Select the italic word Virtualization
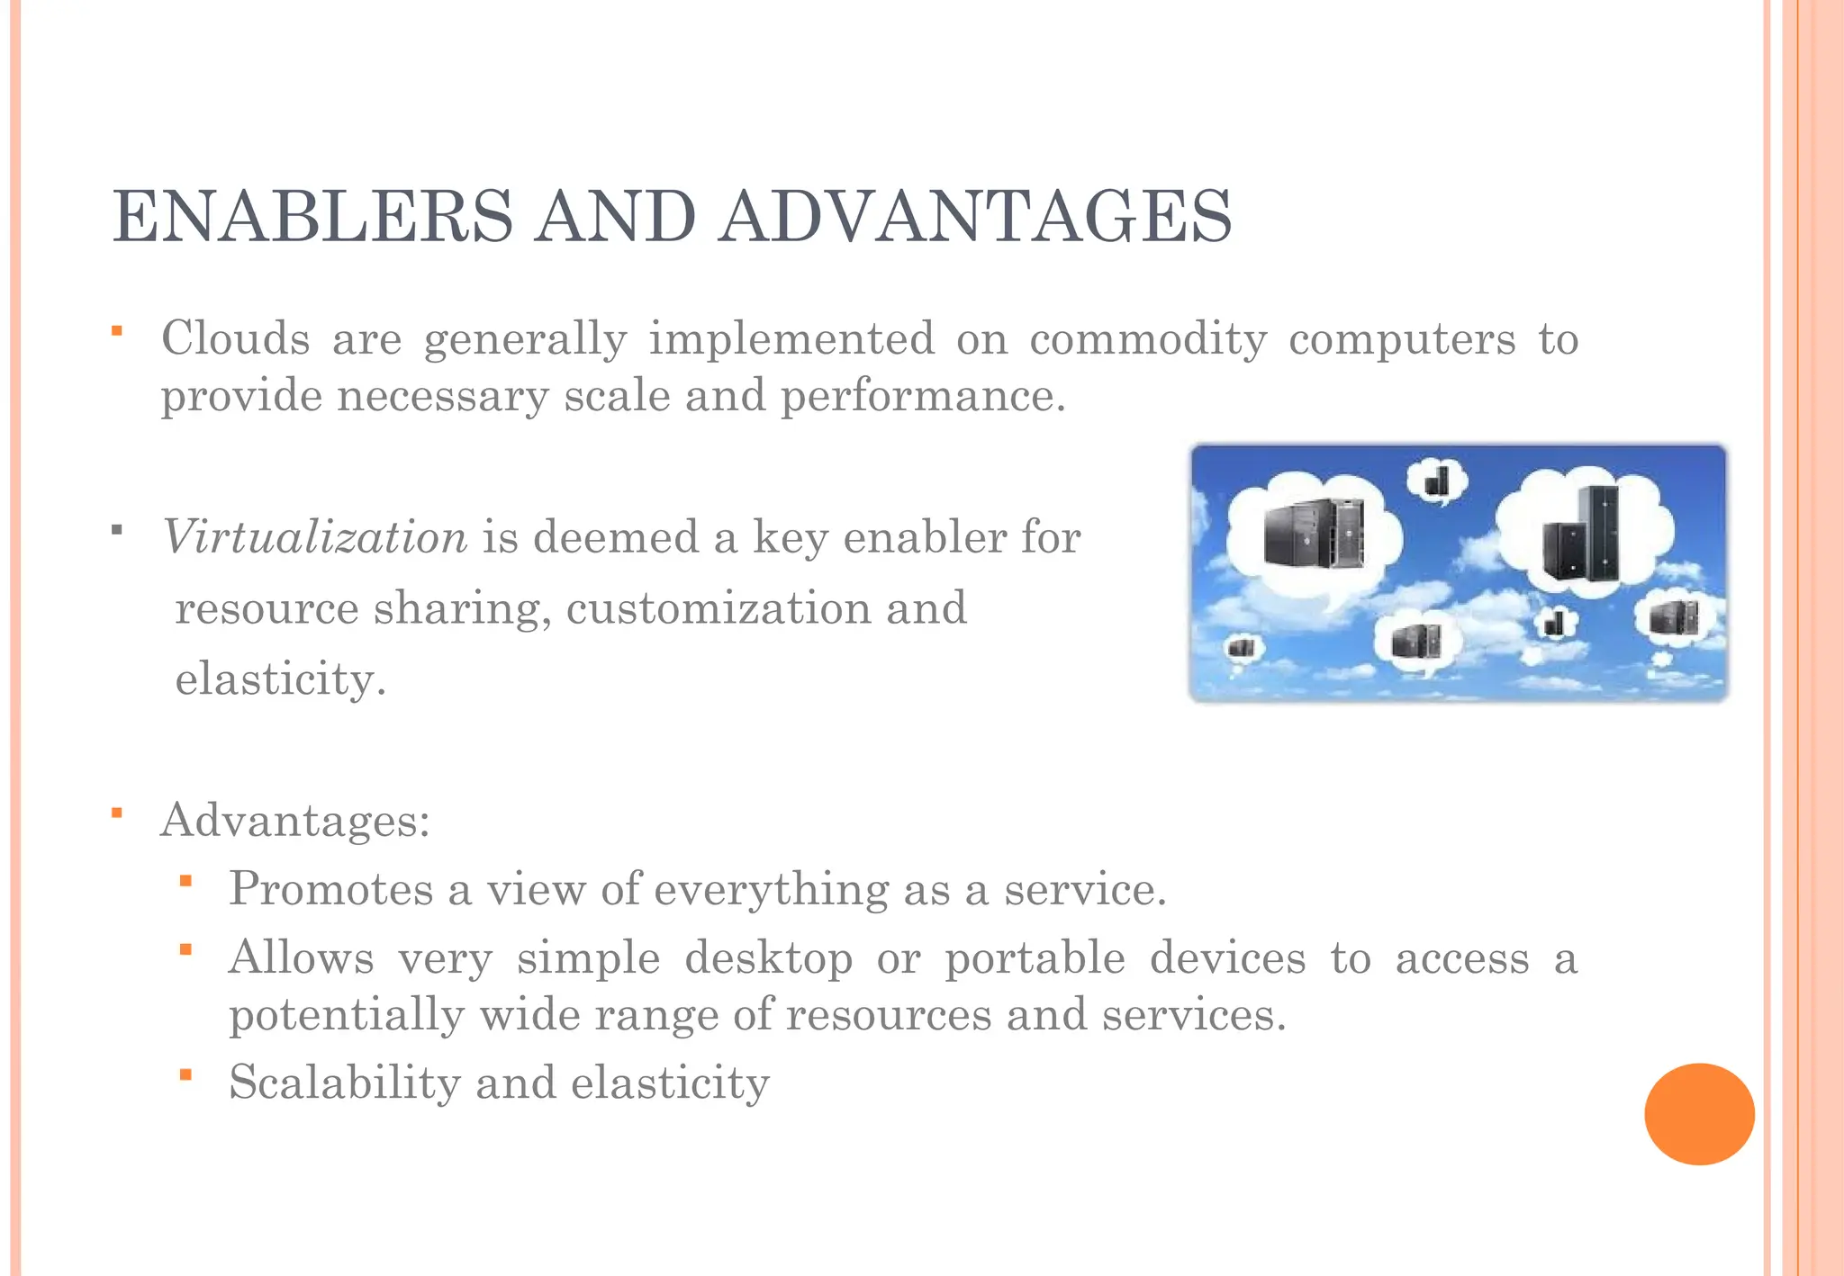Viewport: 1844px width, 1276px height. point(315,537)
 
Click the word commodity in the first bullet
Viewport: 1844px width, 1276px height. point(1148,339)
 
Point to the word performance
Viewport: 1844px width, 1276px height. point(923,396)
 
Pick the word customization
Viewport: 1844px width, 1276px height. point(719,608)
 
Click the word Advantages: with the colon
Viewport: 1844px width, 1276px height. point(295,820)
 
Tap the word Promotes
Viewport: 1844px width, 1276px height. point(331,889)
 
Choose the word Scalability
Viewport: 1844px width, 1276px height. point(345,1083)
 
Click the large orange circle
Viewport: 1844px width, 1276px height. point(1699,1114)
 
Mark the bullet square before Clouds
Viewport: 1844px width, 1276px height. point(117,331)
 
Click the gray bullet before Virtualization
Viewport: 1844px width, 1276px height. point(117,530)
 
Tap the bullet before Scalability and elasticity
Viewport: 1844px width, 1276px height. point(185,1074)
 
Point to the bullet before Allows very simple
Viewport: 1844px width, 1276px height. point(185,949)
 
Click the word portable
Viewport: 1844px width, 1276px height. point(1035,957)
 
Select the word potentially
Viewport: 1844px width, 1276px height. point(347,1015)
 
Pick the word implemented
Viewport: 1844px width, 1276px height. point(791,339)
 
